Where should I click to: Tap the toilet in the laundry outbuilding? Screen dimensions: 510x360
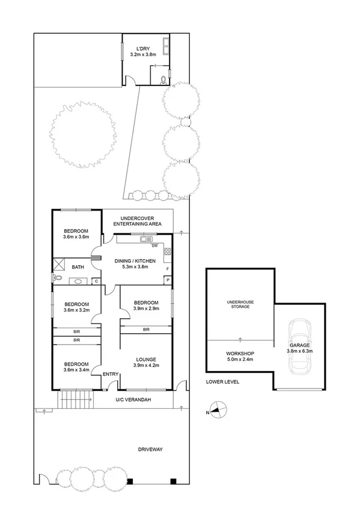coord(162,78)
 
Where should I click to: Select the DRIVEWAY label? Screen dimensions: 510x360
coord(151,449)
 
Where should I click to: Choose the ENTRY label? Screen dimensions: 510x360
coord(111,375)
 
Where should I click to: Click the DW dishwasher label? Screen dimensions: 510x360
coord(154,246)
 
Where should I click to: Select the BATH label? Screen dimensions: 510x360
coord(78,267)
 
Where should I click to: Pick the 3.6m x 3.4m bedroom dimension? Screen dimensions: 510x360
coord(76,370)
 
